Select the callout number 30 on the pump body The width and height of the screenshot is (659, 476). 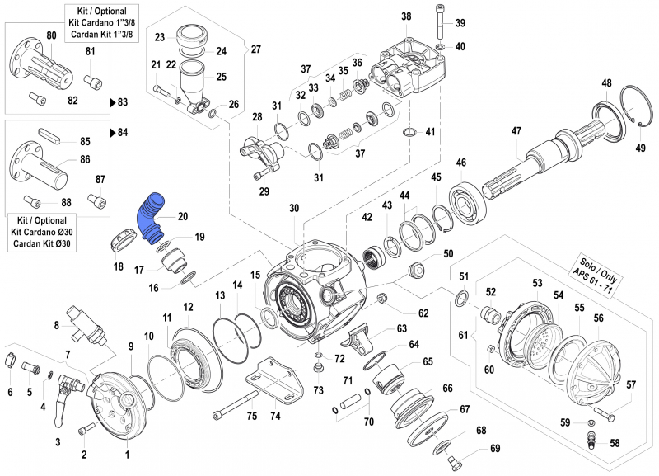(294, 209)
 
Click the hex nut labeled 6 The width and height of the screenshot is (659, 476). (11, 360)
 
